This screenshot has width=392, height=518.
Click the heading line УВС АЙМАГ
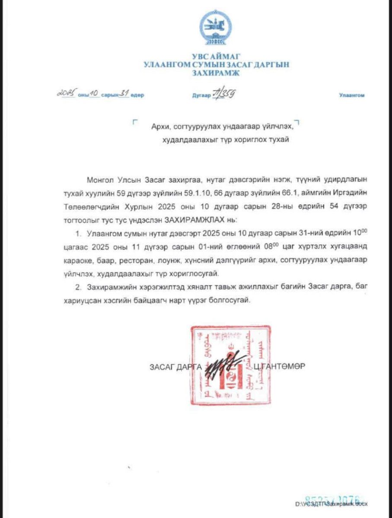[x=216, y=56]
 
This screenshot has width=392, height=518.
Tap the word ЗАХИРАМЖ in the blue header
[x=216, y=73]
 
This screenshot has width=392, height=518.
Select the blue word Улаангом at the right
[x=351, y=95]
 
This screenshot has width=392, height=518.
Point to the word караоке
[x=86, y=261]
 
